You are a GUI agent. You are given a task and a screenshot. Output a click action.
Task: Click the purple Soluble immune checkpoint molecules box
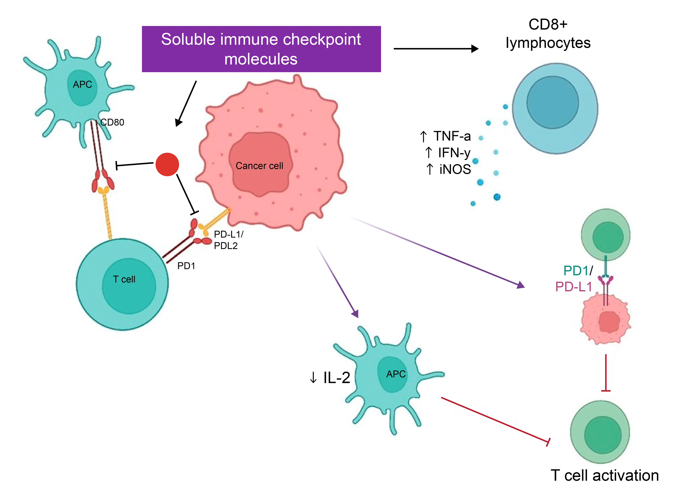click(261, 49)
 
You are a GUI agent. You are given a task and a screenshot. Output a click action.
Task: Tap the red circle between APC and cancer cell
click(167, 164)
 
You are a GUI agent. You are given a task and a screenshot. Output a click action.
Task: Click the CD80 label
click(112, 122)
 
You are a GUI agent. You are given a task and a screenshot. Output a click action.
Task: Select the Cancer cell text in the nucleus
click(259, 166)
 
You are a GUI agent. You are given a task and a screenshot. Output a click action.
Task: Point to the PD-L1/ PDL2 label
click(228, 240)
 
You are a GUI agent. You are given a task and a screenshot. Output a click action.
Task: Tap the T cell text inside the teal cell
click(124, 279)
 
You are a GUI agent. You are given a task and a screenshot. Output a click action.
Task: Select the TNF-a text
click(452, 136)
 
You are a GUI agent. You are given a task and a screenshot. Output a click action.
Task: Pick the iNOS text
click(455, 170)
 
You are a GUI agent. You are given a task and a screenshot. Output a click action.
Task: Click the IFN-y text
click(454, 153)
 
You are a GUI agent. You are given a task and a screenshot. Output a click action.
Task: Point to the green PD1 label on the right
click(576, 271)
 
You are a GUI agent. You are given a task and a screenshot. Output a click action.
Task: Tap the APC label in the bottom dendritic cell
click(396, 374)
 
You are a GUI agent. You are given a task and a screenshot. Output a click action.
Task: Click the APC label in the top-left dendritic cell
click(82, 84)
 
